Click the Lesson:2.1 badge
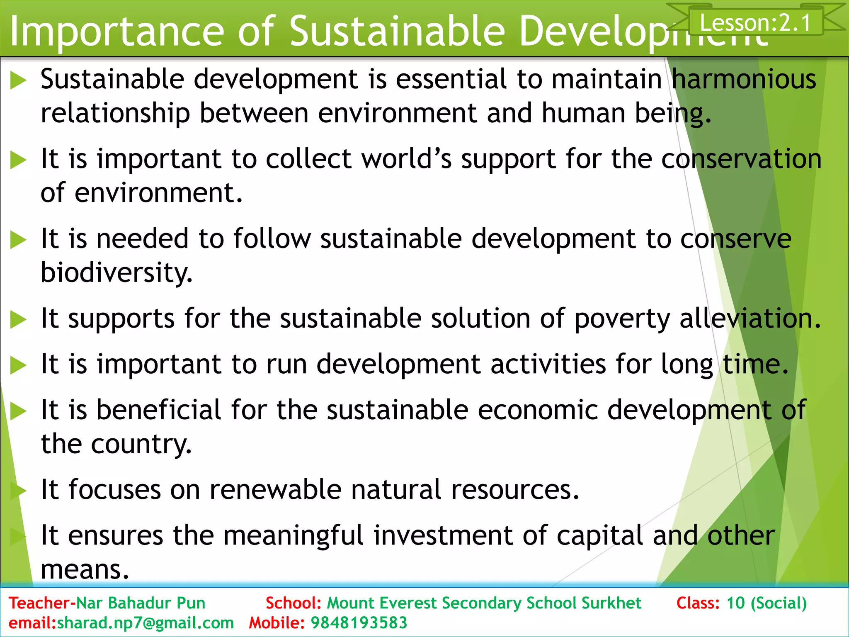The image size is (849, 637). pyautogui.click(x=755, y=22)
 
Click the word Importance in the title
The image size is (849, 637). pyautogui.click(x=117, y=32)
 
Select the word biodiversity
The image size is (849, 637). pyautogui.click(x=116, y=273)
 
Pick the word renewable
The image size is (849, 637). pyautogui.click(x=275, y=489)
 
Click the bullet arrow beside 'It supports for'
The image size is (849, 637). pyautogui.click(x=18, y=320)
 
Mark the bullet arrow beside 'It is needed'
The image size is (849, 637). pyautogui.click(x=18, y=240)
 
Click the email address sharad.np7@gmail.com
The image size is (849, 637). pyautogui.click(x=145, y=623)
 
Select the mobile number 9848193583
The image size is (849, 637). pyautogui.click(x=359, y=623)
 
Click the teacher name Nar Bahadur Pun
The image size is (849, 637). pyautogui.click(x=141, y=603)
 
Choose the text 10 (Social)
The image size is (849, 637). pyautogui.click(x=767, y=603)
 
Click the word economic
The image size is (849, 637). pyautogui.click(x=538, y=410)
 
